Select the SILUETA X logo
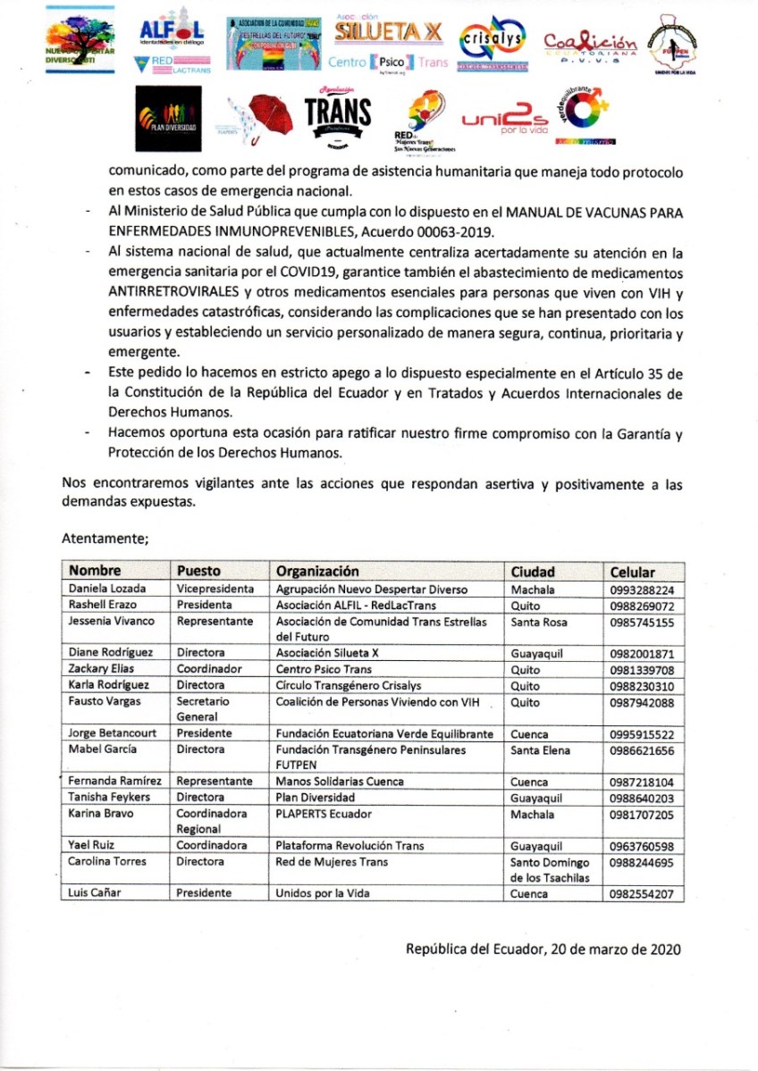point(387,32)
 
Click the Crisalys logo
point(490,43)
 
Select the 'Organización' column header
point(317,571)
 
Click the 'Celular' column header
point(632,572)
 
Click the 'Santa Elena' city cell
point(540,750)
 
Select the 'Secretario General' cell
point(202,710)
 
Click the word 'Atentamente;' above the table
point(105,539)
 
